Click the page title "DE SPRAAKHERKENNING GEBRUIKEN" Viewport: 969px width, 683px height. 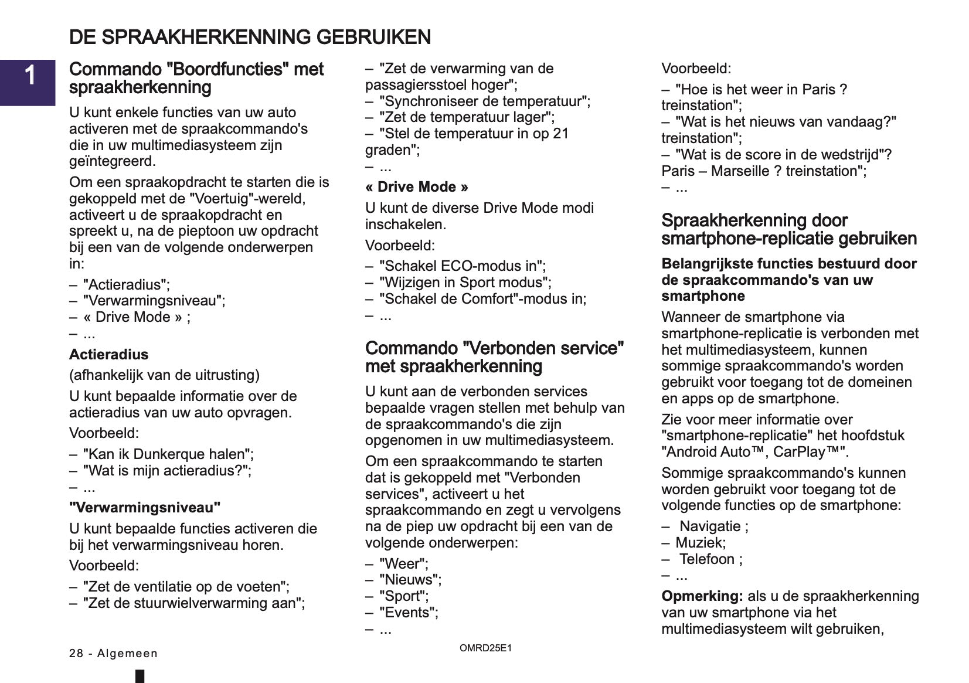click(x=250, y=37)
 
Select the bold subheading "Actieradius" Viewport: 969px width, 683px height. click(x=108, y=355)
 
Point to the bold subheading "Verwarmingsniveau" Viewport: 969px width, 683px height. click(x=145, y=508)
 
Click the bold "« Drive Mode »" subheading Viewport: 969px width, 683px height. click(x=416, y=187)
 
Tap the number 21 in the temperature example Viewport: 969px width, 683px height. click(x=560, y=134)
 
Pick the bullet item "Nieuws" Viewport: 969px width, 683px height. click(x=410, y=580)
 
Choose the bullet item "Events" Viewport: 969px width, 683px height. click(x=408, y=613)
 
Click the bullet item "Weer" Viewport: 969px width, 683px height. click(x=403, y=564)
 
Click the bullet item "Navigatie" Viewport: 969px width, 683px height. click(x=710, y=526)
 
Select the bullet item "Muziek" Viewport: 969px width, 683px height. click(x=700, y=543)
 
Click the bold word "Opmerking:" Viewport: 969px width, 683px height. click(x=702, y=596)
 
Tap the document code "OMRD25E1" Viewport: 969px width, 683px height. click(x=485, y=648)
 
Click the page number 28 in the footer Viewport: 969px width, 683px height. click(x=76, y=654)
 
